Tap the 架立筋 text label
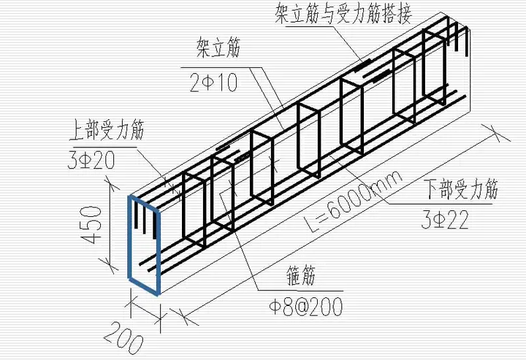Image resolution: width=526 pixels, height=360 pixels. coord(218,50)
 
